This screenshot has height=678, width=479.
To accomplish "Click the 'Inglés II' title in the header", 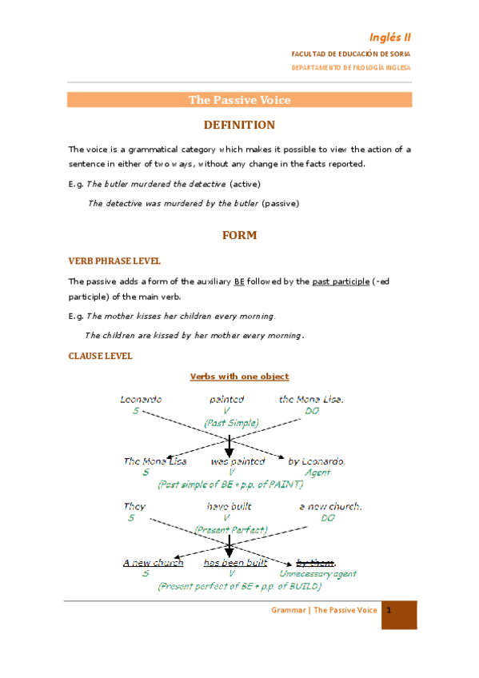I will [390, 37].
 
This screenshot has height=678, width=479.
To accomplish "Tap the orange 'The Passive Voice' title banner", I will [239, 100].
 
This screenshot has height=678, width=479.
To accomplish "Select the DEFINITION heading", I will [239, 125].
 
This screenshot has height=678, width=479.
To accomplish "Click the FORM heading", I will [239, 235].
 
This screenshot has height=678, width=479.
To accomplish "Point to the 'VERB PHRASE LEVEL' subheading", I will [114, 261].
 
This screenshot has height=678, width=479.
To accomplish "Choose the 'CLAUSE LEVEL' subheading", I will [100, 356].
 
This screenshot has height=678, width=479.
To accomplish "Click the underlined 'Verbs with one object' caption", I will [239, 376].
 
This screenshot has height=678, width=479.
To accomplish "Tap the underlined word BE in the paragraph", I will [239, 281].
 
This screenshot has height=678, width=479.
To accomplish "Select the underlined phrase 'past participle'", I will [341, 281].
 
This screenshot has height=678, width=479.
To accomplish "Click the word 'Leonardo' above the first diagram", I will [142, 399].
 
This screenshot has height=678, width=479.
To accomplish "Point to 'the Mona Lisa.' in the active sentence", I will [311, 399].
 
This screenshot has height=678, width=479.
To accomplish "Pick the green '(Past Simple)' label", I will [231, 422].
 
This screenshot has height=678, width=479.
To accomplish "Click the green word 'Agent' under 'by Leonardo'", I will [317, 473].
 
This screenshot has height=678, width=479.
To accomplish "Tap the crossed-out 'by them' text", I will [315, 563].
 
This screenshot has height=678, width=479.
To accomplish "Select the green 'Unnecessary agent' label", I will [317, 573].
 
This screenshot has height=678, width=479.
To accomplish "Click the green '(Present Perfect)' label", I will [230, 529].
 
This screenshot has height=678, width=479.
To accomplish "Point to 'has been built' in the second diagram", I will [235, 563].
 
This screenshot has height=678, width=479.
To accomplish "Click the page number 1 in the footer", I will [388, 611].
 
